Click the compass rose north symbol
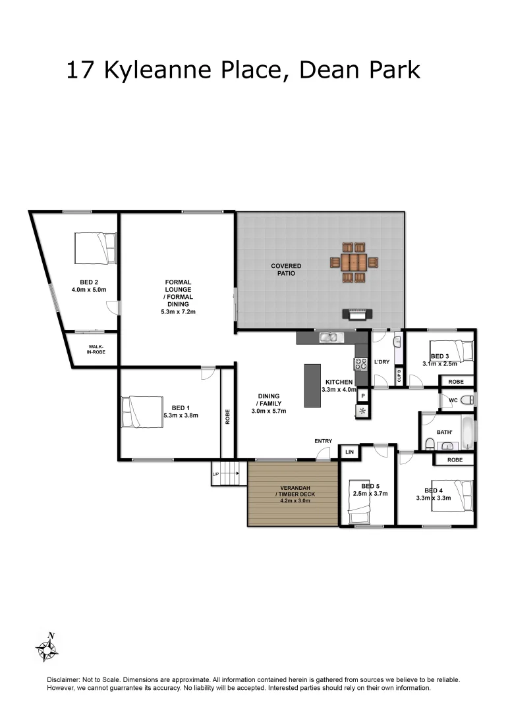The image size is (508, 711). coord(47,647)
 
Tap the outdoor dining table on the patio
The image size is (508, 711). coord(355,263)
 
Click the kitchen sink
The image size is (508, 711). coord(327,338)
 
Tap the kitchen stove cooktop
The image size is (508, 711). coord(361,363)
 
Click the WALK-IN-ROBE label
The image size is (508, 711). coord(92,349)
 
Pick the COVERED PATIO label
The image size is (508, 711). coord(286,269)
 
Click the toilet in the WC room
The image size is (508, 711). coord(465,400)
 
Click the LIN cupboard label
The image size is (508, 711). coord(349,452)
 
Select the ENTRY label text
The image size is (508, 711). coord(324,441)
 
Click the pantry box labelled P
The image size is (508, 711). coord(362,396)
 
